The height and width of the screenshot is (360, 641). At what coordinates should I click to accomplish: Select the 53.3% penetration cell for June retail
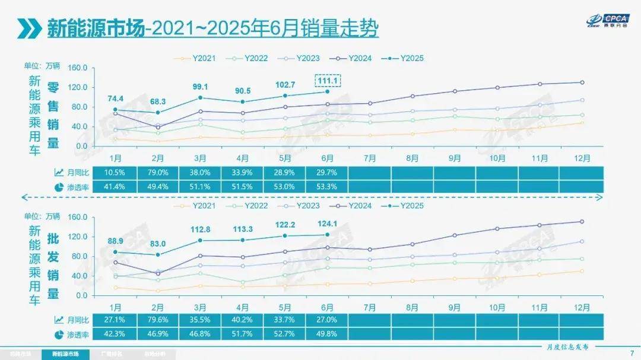[x=327, y=187]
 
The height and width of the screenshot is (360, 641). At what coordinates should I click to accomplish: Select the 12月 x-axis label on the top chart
[x=582, y=158]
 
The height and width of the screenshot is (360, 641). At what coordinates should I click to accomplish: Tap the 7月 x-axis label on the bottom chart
[x=370, y=308]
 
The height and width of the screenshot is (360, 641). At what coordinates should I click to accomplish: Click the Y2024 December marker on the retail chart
[x=582, y=82]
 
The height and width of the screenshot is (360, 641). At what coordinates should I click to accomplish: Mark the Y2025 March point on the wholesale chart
[x=201, y=240]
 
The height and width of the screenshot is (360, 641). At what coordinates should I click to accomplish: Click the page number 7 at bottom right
[x=631, y=354]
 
